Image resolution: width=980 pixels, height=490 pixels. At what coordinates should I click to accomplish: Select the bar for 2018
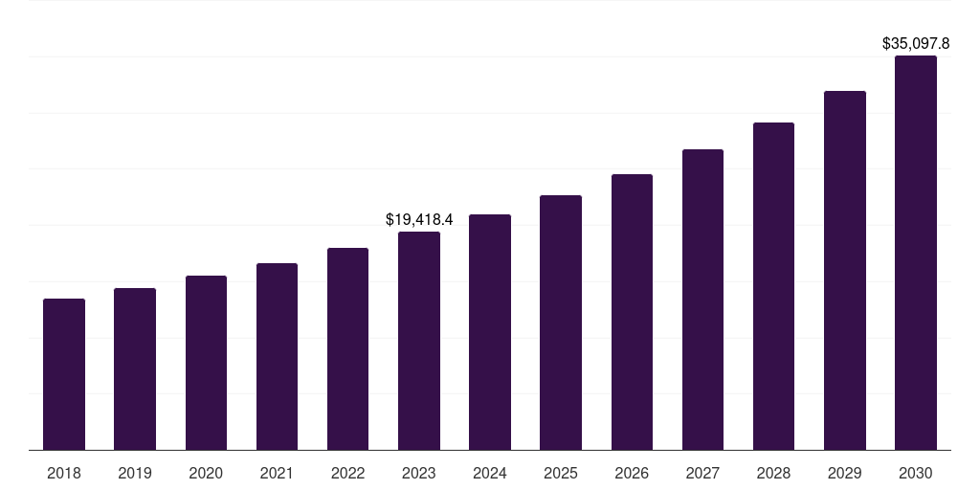pos(64,374)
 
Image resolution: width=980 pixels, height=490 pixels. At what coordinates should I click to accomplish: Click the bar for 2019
pos(135,369)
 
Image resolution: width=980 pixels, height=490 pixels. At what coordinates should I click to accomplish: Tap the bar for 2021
pos(277,357)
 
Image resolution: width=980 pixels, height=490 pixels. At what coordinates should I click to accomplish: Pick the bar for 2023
pos(419,341)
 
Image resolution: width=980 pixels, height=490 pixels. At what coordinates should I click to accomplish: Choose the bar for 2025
pos(561,323)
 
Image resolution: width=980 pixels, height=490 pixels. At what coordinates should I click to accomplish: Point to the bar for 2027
pos(702,300)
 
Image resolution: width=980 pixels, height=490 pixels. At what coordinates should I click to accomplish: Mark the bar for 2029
pos(845,271)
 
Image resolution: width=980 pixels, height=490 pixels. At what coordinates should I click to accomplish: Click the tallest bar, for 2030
pos(916,253)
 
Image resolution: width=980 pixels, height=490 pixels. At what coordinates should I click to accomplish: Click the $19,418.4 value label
pos(419,219)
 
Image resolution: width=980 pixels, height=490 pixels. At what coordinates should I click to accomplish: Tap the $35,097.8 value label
pos(916,43)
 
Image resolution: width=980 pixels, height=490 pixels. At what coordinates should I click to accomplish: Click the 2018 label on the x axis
pos(64,473)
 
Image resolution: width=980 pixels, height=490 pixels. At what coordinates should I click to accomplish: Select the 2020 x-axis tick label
pos(206,473)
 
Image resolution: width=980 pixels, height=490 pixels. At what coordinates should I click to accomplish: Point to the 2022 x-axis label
pos(348,473)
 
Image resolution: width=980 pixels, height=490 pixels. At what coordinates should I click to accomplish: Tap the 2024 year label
pos(490,473)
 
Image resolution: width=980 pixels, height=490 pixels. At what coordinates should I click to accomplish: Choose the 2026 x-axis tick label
pos(632,473)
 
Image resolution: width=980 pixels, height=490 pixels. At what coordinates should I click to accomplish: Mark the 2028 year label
pos(774,473)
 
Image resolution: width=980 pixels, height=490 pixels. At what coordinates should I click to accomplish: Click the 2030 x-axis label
pos(916,473)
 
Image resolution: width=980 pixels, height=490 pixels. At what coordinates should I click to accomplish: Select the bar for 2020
pos(206,363)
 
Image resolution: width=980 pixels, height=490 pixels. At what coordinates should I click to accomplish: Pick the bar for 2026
pos(632,312)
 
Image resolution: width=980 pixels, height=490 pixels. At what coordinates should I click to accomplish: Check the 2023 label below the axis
pos(419,473)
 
